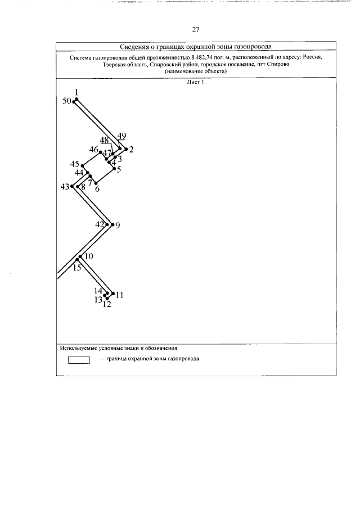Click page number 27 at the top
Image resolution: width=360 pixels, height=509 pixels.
click(x=196, y=30)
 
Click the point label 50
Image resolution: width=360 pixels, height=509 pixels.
click(x=67, y=101)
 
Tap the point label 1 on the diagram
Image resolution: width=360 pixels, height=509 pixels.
click(x=76, y=92)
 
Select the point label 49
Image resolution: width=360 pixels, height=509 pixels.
click(x=122, y=136)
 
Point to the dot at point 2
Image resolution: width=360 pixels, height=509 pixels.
click(x=126, y=149)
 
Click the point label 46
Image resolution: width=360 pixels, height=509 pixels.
click(x=94, y=149)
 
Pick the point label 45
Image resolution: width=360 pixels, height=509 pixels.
click(x=75, y=164)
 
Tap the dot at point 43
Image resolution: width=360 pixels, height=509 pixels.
click(x=73, y=187)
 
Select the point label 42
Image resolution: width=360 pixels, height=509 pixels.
click(x=100, y=224)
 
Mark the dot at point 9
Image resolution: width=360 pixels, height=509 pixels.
click(x=112, y=224)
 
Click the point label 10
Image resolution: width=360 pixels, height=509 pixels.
click(x=88, y=256)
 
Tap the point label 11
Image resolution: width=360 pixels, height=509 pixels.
click(x=119, y=295)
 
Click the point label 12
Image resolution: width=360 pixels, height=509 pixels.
click(x=106, y=305)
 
